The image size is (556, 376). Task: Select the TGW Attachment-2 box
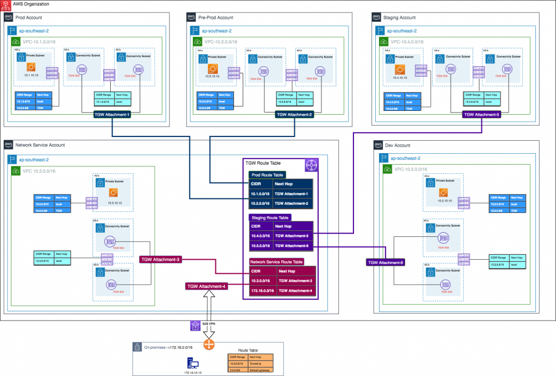tap(295, 115)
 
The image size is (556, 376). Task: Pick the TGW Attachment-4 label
tap(206, 286)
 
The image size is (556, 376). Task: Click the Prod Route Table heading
tap(267, 176)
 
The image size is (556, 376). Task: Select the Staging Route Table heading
tap(270, 217)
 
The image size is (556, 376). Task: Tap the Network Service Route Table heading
tap(276, 261)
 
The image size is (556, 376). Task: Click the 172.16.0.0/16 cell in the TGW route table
tap(261, 290)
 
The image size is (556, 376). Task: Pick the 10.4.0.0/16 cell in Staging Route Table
tap(260, 236)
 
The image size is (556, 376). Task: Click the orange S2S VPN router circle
tap(208, 344)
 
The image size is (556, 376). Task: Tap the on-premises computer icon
tap(193, 362)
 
